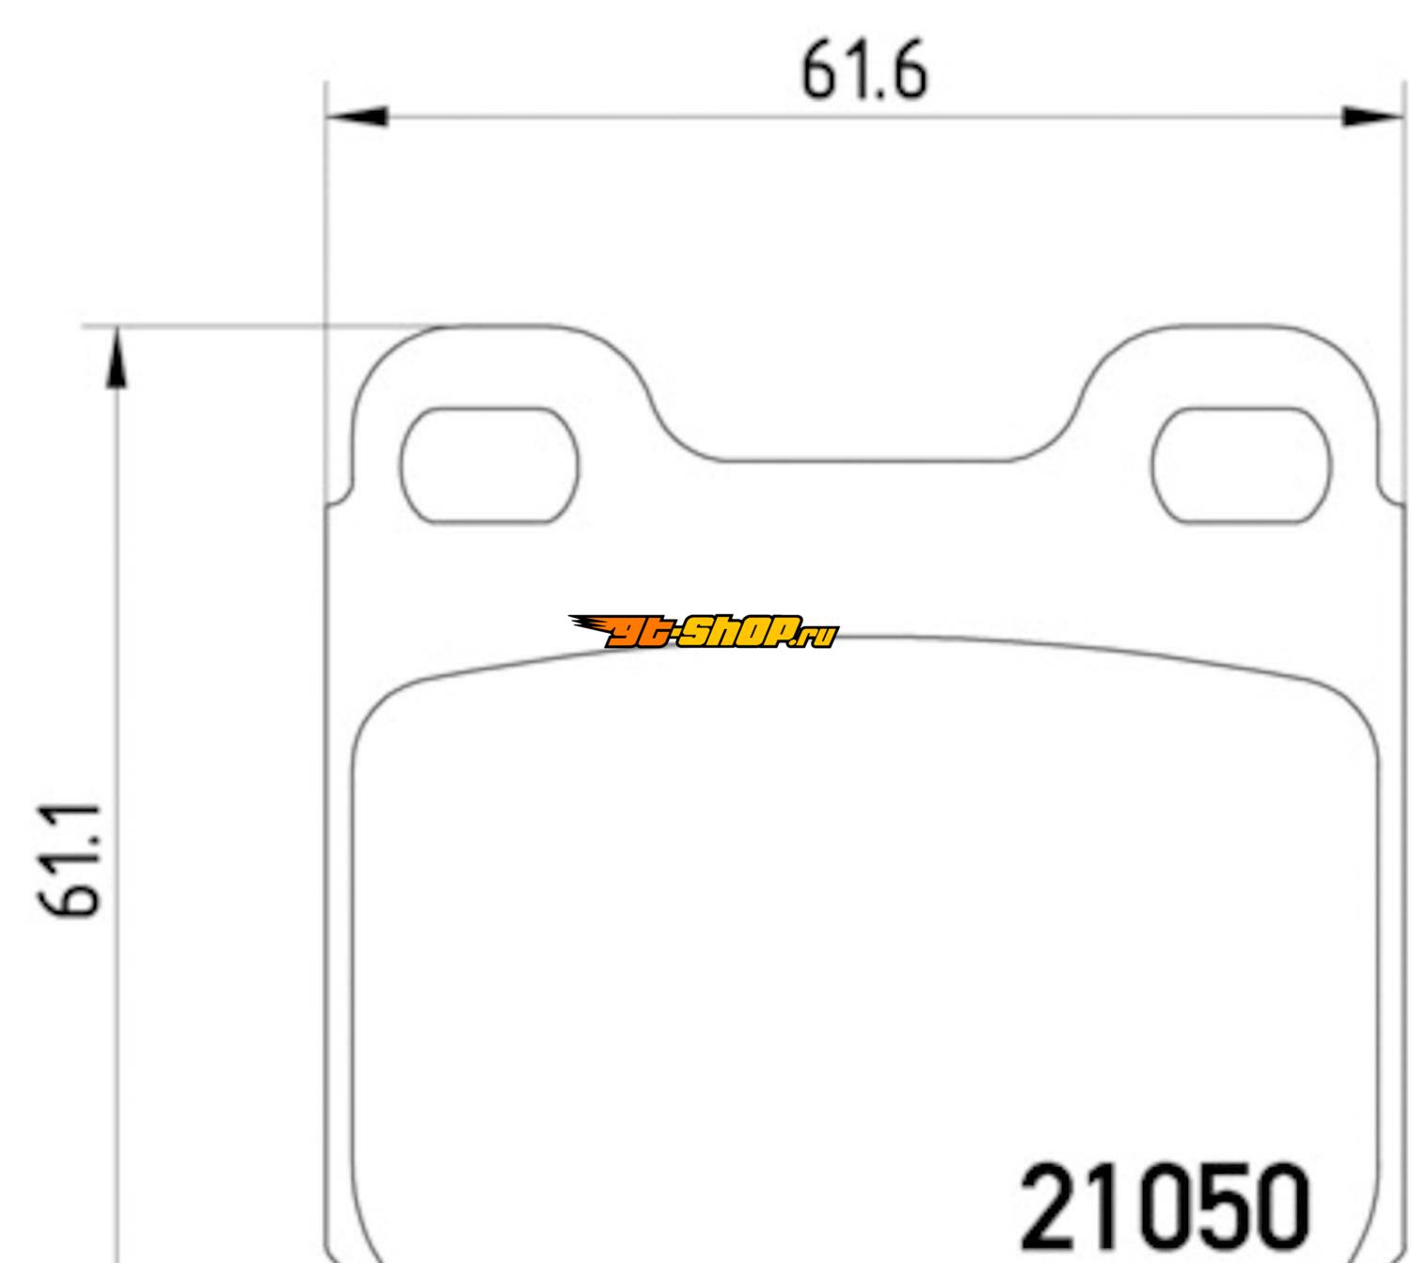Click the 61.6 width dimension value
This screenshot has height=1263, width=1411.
[864, 70]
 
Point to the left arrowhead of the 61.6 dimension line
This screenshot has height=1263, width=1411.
[357, 117]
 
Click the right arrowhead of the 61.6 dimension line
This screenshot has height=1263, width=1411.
[1372, 117]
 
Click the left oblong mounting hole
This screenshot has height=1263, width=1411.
[489, 466]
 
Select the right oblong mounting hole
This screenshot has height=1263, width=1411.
[1241, 466]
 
